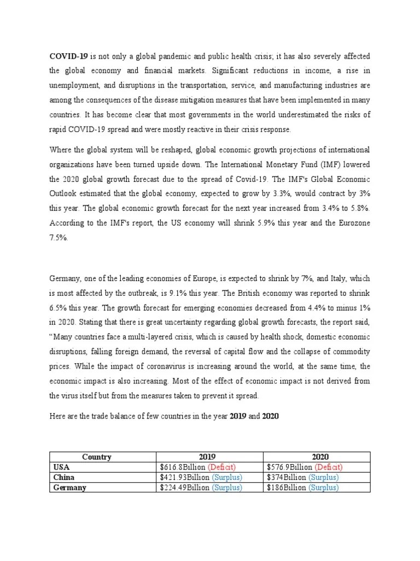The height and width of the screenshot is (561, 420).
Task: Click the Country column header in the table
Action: [97, 457]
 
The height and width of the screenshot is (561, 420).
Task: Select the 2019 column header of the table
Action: [209, 457]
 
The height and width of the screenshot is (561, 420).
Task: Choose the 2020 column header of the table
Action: [316, 457]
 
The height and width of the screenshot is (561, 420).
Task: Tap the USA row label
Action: [62, 467]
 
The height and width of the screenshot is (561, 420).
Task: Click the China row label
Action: [63, 477]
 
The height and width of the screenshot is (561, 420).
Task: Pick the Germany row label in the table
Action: [69, 488]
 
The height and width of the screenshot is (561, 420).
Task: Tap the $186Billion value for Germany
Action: [287, 488]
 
